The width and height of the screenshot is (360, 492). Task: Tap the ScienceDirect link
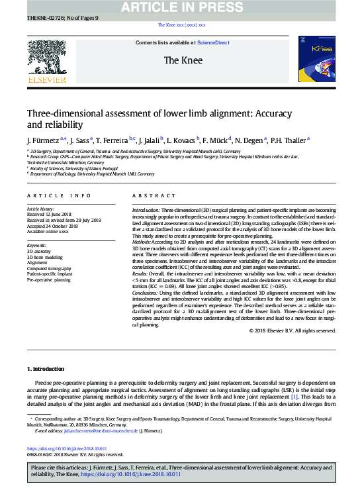coord(213,42)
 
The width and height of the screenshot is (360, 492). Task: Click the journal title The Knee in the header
coord(179,60)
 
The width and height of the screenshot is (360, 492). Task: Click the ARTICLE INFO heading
coord(59,196)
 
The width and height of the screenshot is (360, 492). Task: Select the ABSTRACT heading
coord(154,196)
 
